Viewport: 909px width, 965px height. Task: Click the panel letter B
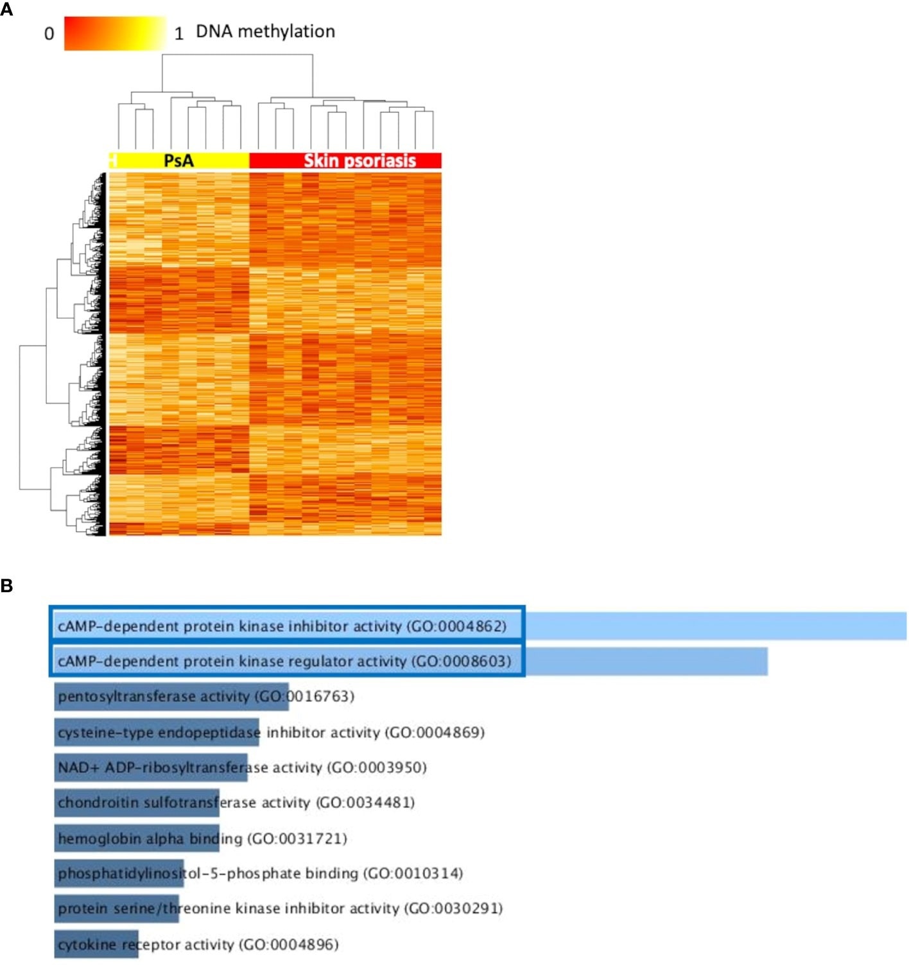6,585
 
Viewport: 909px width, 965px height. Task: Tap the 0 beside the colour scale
49,34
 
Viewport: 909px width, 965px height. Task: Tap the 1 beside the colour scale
179,34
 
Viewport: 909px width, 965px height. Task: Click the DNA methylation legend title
265,31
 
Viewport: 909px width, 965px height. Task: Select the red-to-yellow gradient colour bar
115,33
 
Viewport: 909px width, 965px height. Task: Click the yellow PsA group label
178,160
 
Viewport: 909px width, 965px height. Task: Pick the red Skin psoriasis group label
359,160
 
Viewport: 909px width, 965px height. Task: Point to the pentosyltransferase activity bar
171,697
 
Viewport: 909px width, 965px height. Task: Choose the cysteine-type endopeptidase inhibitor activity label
270,732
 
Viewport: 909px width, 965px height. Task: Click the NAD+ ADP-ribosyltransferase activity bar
151,767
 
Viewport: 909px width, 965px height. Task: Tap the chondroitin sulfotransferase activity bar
137,803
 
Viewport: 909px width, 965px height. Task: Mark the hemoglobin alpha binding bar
137,839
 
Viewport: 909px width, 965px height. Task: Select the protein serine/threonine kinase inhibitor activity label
279,909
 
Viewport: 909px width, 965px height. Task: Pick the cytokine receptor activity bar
96,944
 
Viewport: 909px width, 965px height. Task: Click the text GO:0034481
366,803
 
